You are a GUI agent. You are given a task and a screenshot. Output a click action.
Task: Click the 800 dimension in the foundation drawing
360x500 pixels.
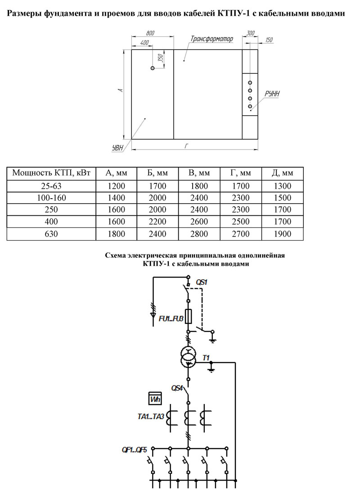150,33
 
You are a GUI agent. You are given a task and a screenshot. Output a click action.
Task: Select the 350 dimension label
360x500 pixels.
161,58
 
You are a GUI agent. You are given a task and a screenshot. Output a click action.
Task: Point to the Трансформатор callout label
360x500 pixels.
212,39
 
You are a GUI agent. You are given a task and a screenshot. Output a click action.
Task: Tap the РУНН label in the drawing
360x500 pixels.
272,94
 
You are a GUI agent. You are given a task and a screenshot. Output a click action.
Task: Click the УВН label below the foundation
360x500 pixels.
117,148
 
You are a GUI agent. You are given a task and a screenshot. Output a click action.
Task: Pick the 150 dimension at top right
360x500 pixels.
269,40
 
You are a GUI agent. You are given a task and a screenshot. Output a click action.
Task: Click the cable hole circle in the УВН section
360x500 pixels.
153,68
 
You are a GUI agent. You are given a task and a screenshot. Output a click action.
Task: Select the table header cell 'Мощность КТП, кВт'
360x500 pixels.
51,173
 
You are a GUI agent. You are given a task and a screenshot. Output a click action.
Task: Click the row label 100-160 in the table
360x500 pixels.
51,198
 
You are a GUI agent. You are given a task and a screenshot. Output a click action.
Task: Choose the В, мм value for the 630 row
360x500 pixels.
199,234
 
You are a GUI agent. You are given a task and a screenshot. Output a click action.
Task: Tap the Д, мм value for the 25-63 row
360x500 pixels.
282,186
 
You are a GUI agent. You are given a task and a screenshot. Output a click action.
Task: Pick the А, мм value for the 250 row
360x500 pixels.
116,209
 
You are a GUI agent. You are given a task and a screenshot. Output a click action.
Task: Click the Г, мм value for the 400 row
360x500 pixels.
241,222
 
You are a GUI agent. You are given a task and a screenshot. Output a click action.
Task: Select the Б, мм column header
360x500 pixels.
157,173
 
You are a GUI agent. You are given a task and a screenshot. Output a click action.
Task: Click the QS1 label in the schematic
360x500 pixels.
202,282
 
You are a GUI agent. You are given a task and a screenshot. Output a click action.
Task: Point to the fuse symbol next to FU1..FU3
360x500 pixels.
188,316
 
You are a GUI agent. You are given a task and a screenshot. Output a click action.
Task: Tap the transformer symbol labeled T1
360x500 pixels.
188,356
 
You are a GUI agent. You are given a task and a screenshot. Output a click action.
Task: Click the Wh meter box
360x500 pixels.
155,398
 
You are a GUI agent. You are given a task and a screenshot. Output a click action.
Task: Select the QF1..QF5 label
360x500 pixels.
134,450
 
